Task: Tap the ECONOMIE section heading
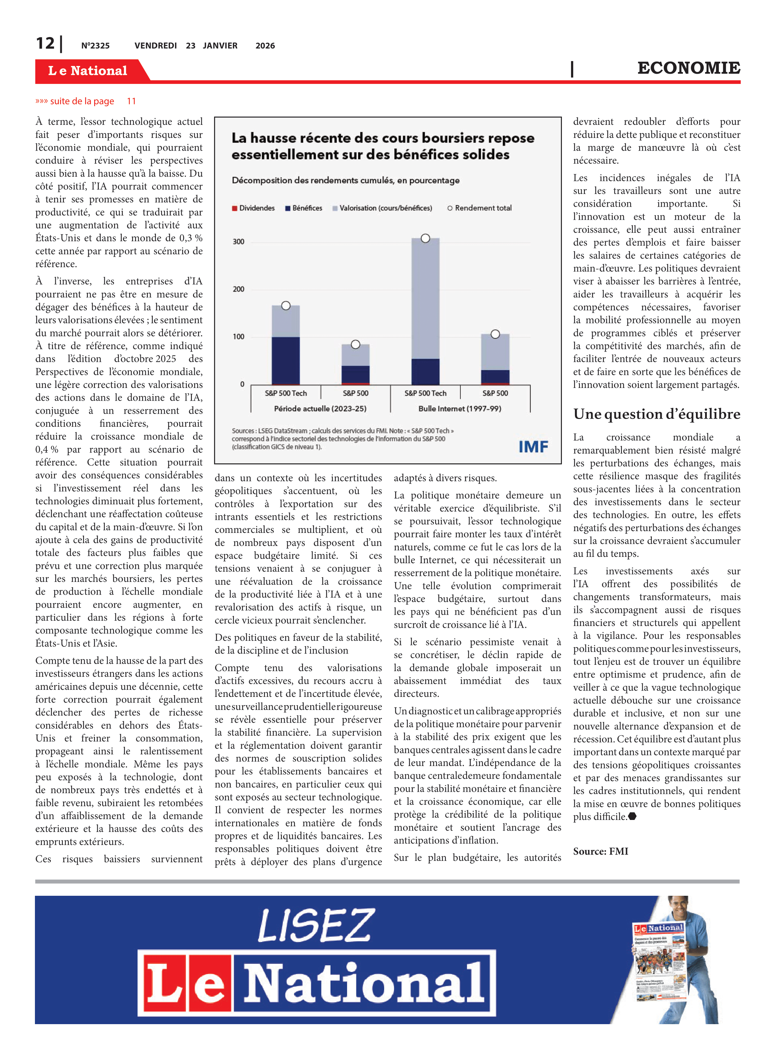point(688,68)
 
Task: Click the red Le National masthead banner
point(88,71)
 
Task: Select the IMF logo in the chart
point(533,446)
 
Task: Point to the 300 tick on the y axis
point(239,242)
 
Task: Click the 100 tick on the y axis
point(239,337)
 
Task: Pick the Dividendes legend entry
point(254,208)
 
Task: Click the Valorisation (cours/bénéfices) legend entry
point(382,208)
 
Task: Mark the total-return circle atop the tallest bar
point(425,238)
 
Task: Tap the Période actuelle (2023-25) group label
point(320,408)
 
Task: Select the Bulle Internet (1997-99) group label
point(460,408)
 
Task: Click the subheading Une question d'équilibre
point(656,414)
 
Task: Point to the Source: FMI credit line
point(600,851)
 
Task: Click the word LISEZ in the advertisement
point(316,925)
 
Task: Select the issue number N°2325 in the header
point(95,45)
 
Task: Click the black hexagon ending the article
point(632,816)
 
